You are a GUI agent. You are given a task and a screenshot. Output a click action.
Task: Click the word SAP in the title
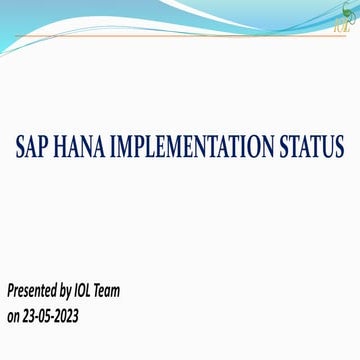tap(34, 147)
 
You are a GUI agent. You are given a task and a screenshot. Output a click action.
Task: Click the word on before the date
tap(14, 316)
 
